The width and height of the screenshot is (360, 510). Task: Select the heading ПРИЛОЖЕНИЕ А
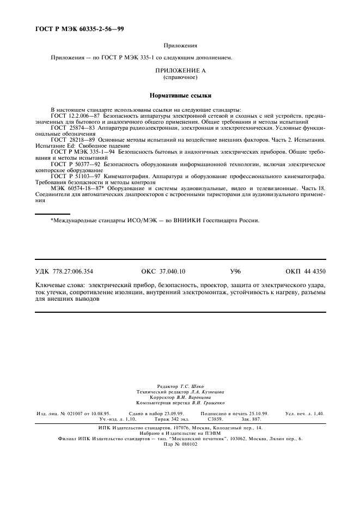pos(180,71)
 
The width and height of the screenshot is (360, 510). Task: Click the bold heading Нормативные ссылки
pos(180,95)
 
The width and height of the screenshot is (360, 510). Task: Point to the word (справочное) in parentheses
pos(180,77)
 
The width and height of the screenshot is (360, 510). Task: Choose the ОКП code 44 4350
pos(306,271)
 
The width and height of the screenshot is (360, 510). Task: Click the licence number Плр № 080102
pos(180,444)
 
